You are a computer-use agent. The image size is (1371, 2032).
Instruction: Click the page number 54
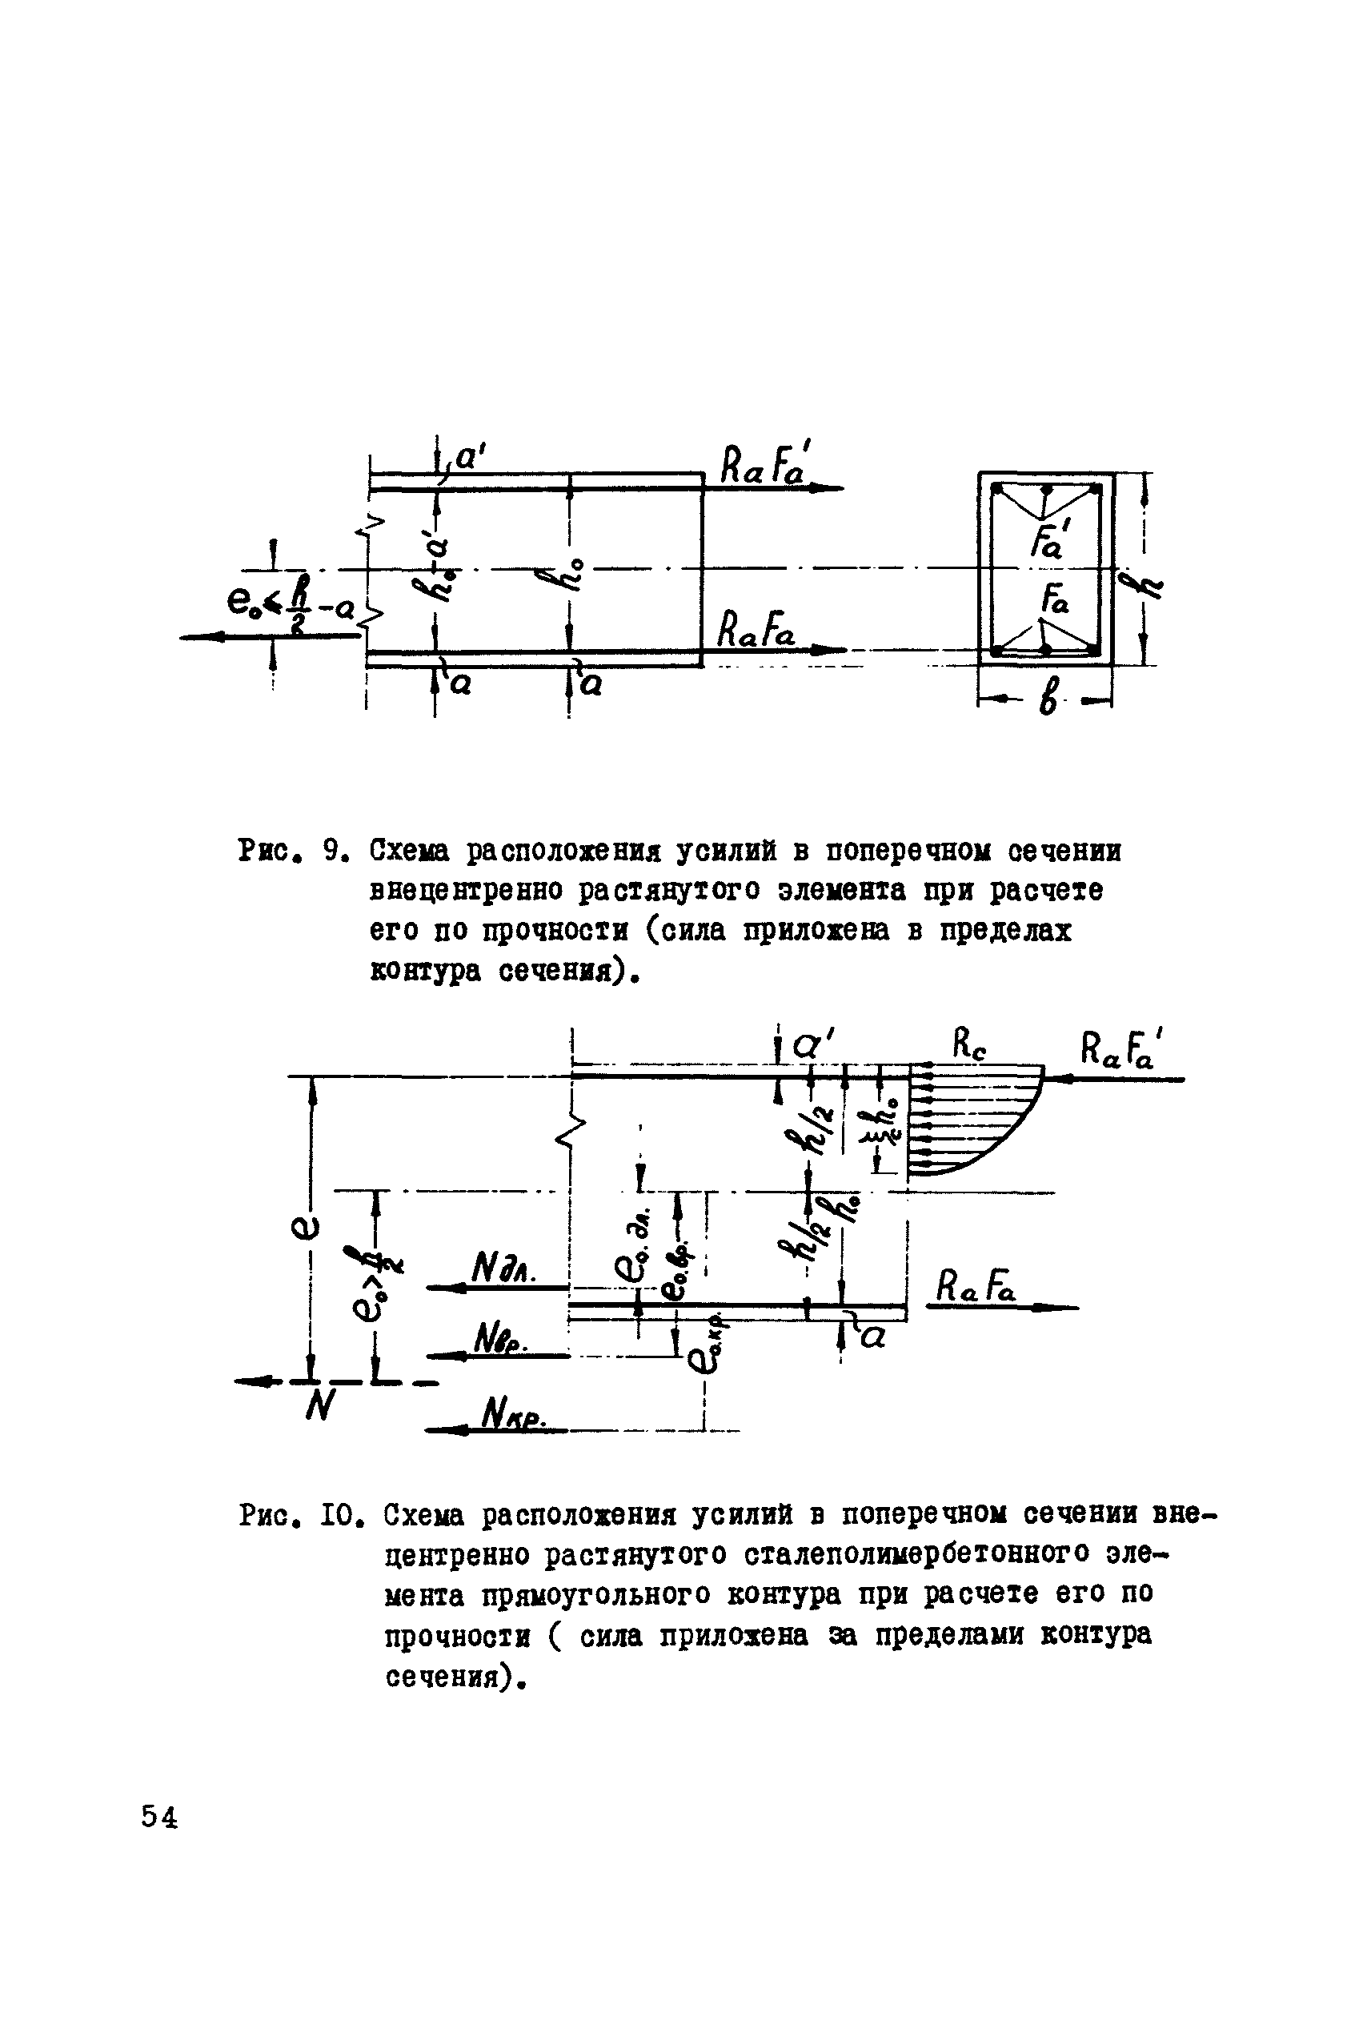tap(159, 1818)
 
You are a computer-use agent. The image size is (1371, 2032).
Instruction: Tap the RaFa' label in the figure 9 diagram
tap(764, 466)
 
